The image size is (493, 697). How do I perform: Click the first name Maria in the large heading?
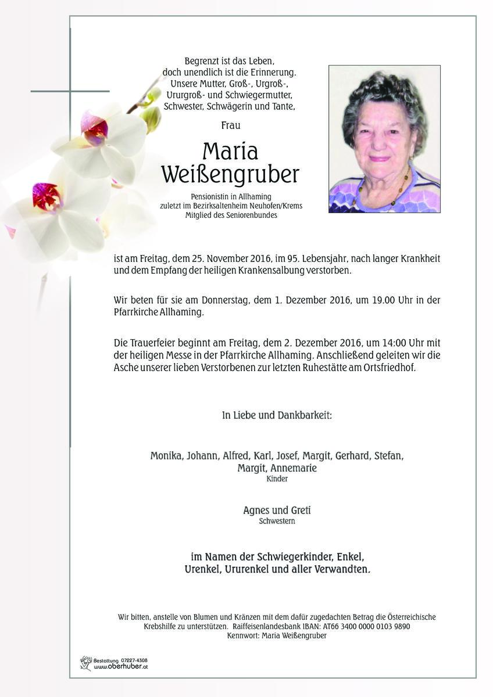coord(230,151)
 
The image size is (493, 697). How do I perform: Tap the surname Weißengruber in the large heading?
coord(230,174)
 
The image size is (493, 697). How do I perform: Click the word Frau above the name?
coord(230,125)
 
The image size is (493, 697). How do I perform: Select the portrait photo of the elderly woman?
coord(384,139)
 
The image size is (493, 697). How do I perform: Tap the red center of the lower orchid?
coord(47,196)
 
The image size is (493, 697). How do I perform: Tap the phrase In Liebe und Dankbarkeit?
coord(277,415)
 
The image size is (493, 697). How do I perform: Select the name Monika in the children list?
coord(166,456)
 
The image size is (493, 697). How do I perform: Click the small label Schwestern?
coord(277,521)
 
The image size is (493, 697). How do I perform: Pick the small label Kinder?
coord(277,479)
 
